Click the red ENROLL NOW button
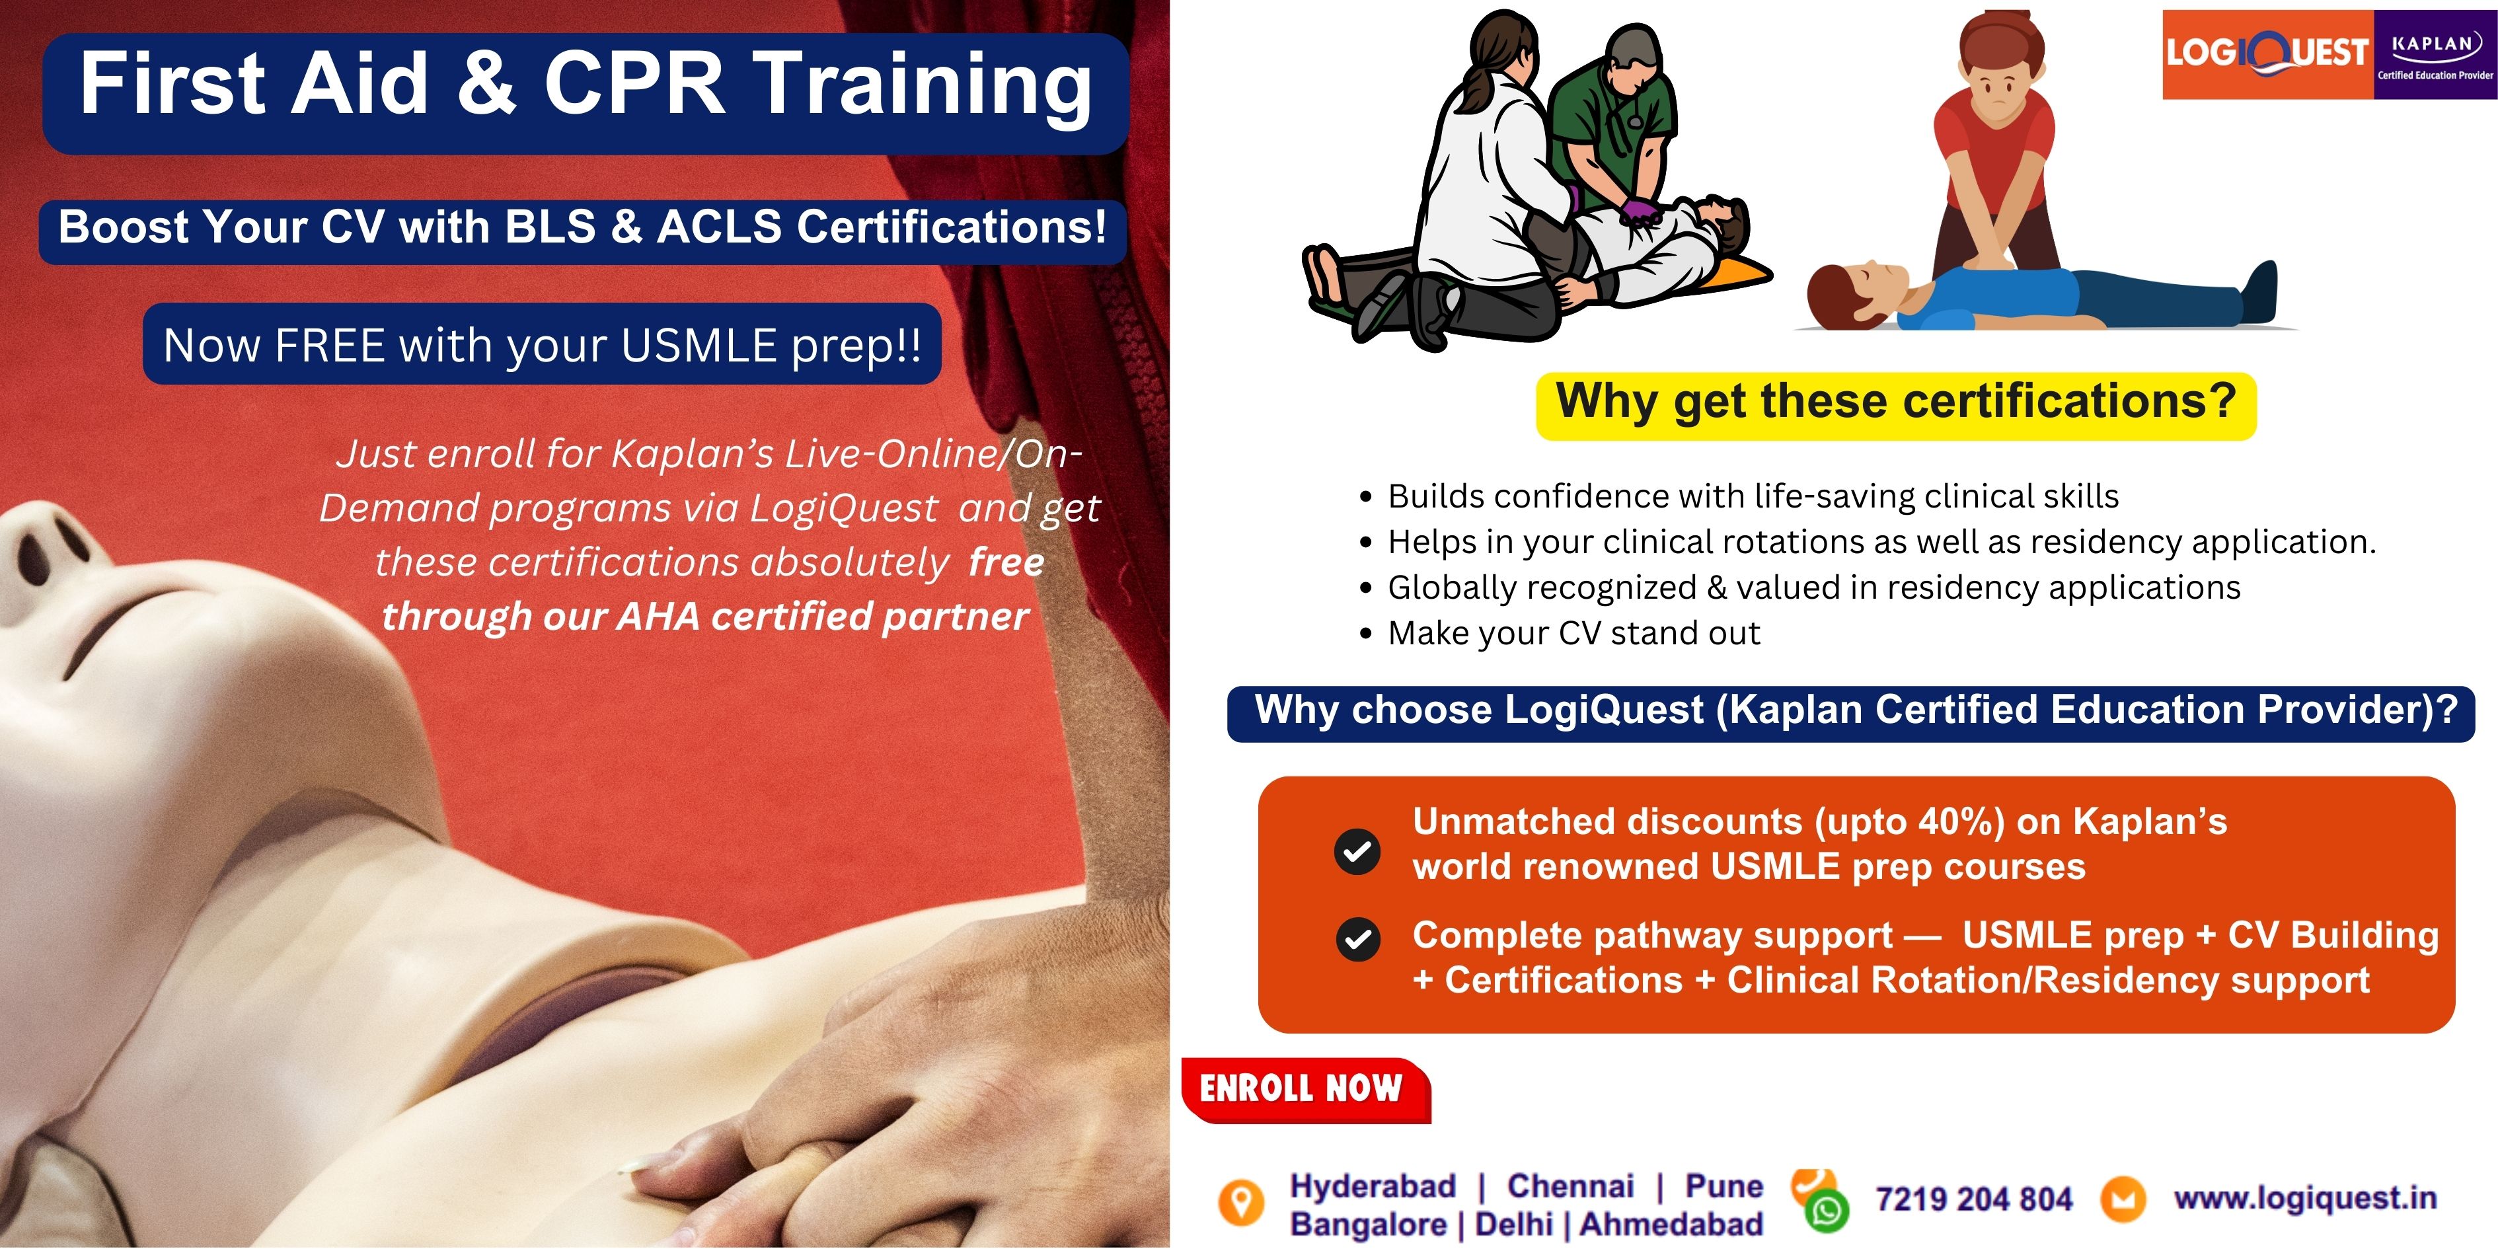pos(1305,1090)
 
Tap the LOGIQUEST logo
pos(2267,54)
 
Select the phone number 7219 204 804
pos(1973,1199)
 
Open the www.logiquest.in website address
pos(2305,1199)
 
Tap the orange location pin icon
pos(1241,1203)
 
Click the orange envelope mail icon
pos(2123,1199)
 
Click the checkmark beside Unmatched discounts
pos(1357,851)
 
